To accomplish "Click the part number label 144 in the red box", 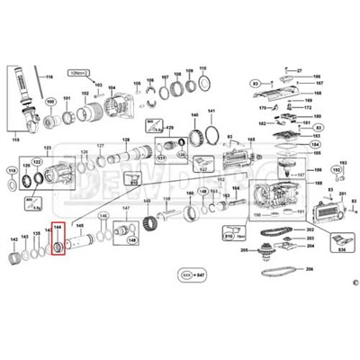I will click(x=58, y=229).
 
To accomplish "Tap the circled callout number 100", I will click(x=50, y=102).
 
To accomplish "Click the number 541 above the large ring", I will click(x=212, y=112).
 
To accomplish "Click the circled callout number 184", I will click(x=313, y=143).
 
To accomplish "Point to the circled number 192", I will click(x=336, y=169).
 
